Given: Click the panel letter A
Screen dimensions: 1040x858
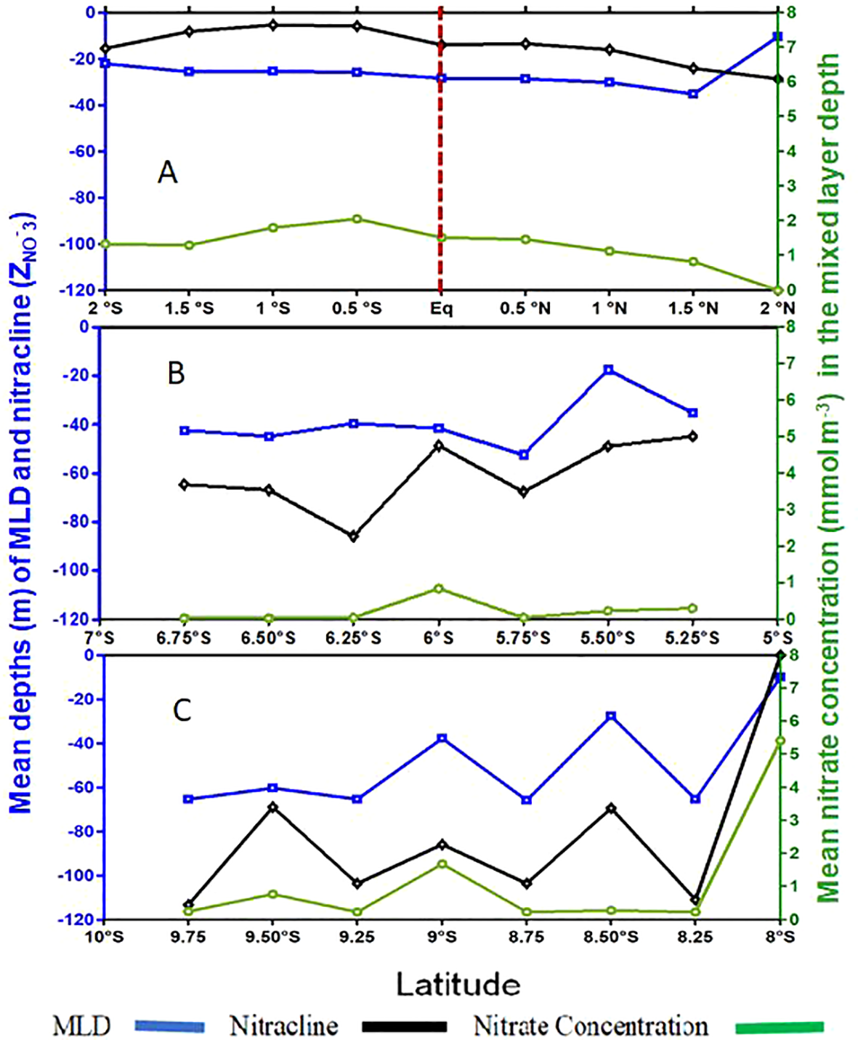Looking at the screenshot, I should (x=167, y=173).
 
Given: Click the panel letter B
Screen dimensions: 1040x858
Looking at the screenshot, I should (x=176, y=373).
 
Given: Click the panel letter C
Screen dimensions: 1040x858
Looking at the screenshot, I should (x=182, y=710).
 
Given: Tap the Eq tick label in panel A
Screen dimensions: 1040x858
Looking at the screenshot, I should (x=440, y=308).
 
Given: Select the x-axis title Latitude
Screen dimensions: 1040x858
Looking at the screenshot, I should (x=458, y=984).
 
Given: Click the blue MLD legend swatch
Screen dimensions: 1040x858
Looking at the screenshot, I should (x=169, y=1026).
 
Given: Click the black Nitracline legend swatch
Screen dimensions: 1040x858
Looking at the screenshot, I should (x=404, y=1026).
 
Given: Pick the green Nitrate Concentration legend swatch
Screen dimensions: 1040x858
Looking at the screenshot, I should (x=780, y=1026).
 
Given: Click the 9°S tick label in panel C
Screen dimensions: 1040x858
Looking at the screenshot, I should (x=440, y=937).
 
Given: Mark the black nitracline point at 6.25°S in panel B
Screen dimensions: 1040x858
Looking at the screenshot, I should (x=354, y=536).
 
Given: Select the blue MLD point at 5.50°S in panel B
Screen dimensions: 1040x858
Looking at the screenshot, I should (x=609, y=370).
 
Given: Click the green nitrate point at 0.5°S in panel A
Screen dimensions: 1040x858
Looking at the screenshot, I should (x=357, y=219).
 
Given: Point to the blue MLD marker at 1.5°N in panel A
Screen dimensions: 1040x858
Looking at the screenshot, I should (x=693, y=94).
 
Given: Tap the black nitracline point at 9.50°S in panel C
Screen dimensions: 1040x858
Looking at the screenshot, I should (x=272, y=807).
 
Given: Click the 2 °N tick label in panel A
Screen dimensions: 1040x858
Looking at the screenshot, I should (x=777, y=308).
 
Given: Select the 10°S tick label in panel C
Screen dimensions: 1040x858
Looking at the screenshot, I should (x=105, y=937).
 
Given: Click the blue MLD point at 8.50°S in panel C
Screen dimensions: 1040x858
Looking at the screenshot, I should (x=611, y=716).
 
